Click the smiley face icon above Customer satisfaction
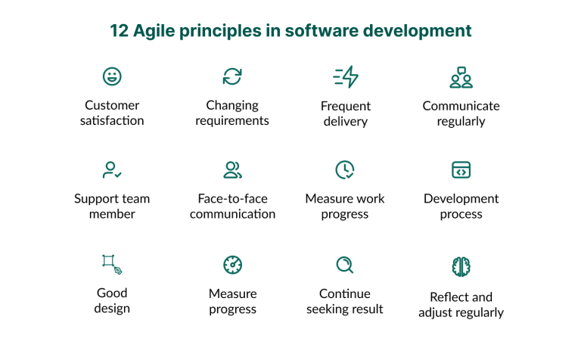pos(112,76)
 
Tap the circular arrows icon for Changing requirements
pos(232,76)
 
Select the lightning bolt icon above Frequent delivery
pos(346,76)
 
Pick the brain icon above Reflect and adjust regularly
pos(461,265)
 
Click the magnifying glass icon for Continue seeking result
pos(345,265)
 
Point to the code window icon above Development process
pos(461,170)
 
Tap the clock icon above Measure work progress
pos(345,170)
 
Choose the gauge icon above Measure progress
pos(232,265)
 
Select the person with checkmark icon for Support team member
pos(112,170)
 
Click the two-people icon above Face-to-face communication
pos(232,170)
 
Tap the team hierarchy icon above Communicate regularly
pos(461,76)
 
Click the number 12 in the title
pos(120,31)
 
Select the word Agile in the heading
pos(155,31)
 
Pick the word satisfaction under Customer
pos(112,121)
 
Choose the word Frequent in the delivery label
pos(346,106)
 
